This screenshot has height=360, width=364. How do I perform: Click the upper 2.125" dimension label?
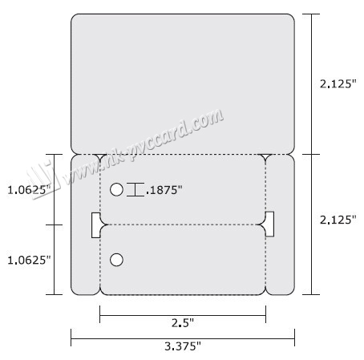point(338,84)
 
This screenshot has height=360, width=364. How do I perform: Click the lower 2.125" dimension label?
point(338,220)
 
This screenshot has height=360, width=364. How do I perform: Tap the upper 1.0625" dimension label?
point(29,190)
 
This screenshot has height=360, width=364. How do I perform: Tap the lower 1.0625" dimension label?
point(29,260)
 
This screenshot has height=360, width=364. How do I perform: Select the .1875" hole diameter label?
point(164,190)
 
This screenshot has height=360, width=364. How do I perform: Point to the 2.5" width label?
point(183,323)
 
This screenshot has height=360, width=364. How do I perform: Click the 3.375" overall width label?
point(183,346)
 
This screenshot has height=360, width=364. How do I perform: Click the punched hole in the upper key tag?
point(116,190)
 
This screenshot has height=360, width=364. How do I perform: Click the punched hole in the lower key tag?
point(116,260)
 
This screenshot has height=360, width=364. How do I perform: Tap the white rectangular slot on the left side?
point(95,225)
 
